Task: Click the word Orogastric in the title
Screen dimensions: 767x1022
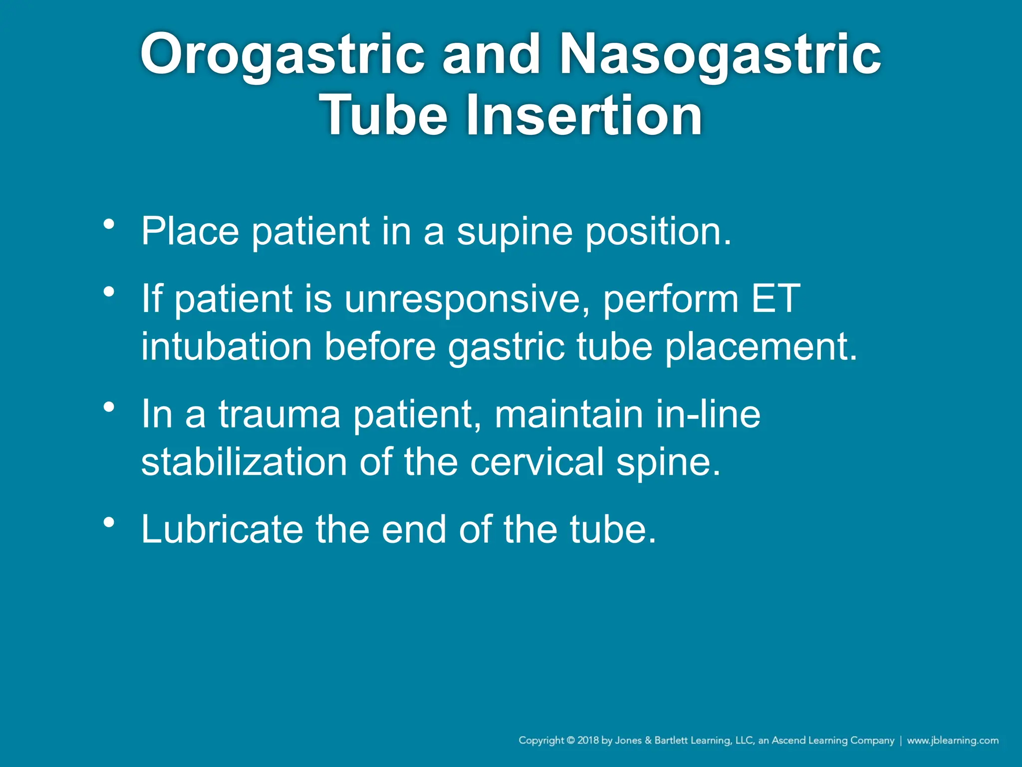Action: point(282,54)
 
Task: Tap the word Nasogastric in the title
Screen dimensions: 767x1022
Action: point(720,54)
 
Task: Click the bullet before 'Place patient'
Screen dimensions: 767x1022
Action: point(109,224)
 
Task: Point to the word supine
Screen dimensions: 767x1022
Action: point(514,232)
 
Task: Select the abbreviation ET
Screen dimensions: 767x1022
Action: point(775,299)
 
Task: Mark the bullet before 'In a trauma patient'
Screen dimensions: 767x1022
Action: point(109,407)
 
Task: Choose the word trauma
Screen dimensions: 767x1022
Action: point(279,414)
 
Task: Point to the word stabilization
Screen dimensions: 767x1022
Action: point(244,461)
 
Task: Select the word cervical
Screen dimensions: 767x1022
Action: point(536,461)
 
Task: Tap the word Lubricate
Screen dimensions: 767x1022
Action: point(222,529)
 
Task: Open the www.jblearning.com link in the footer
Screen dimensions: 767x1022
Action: point(953,741)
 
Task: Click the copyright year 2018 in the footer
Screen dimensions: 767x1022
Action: point(588,741)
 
